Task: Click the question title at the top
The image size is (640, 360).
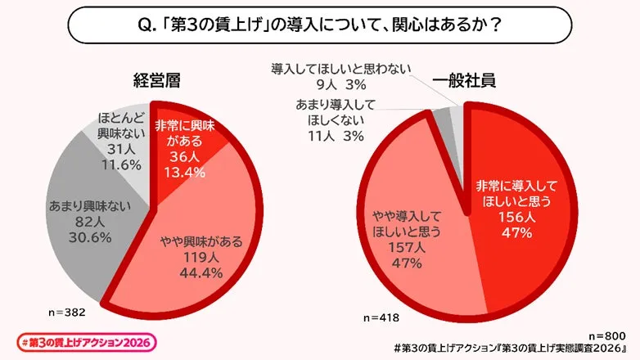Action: click(x=320, y=25)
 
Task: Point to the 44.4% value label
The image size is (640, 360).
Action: click(x=185, y=272)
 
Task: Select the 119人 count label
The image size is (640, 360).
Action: click(x=185, y=256)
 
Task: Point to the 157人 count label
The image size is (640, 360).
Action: click(x=407, y=247)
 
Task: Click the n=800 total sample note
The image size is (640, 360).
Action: click(x=606, y=335)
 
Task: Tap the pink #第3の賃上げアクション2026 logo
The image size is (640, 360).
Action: click(x=86, y=341)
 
